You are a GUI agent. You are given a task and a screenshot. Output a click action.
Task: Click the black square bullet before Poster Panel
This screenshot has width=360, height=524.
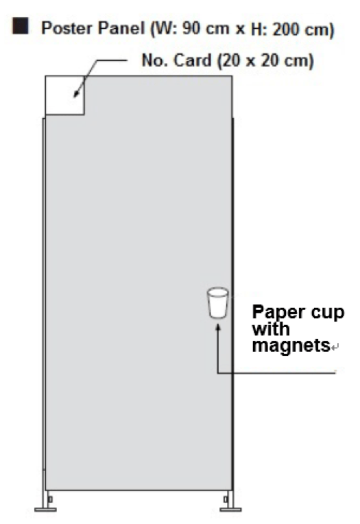tap(21, 26)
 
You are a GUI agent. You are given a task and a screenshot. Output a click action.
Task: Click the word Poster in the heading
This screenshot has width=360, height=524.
tap(62, 28)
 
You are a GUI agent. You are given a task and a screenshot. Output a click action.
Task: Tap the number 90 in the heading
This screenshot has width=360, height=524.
tap(191, 29)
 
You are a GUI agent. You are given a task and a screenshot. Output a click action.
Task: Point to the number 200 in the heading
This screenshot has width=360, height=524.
tap(285, 29)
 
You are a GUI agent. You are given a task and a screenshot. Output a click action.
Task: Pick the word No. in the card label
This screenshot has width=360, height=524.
tap(155, 60)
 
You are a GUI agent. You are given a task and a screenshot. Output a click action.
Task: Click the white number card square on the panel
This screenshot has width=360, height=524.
tap(65, 95)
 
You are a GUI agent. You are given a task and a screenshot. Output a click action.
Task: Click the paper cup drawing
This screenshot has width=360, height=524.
tap(218, 302)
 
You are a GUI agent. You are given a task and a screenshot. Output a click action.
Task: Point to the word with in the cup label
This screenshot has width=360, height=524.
tap(271, 329)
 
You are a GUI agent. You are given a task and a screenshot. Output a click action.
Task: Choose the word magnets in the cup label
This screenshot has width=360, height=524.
tap(291, 345)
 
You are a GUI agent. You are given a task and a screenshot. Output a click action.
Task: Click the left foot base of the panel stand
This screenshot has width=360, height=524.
tap(45, 510)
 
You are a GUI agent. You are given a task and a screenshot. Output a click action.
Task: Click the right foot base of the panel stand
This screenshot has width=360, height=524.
tap(230, 510)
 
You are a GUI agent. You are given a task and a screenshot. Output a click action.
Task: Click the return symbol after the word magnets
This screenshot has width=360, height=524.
tap(335, 347)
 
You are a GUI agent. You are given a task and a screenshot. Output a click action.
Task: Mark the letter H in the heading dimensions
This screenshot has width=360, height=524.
tap(256, 29)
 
